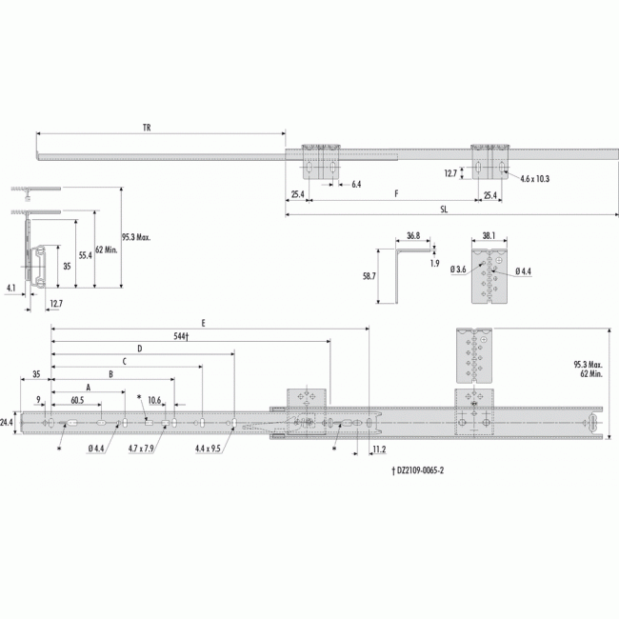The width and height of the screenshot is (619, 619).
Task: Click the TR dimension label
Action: pos(147,128)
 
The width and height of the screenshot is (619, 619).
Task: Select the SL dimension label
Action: pos(444,210)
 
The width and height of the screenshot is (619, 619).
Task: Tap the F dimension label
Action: pos(397,193)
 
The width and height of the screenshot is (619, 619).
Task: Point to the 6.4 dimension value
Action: pos(356,185)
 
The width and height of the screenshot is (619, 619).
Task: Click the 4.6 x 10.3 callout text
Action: pos(534,179)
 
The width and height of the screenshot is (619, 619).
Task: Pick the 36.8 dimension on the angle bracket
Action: pos(413,236)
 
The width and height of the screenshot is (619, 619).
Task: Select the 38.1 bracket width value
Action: pos(489,236)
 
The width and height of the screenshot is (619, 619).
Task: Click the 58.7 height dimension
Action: pos(369,276)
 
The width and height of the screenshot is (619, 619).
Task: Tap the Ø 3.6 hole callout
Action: pos(458,270)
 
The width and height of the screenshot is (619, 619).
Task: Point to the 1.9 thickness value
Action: pos(434,263)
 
